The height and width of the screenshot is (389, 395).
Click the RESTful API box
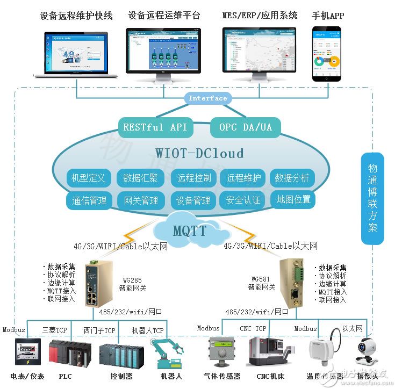point(155,127)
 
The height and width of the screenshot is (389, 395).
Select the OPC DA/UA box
point(245,127)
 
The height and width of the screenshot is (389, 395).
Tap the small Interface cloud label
point(208,98)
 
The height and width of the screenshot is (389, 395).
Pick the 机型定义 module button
point(89,178)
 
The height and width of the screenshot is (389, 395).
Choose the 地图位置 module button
point(293,199)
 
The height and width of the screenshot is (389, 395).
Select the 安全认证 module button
point(243,200)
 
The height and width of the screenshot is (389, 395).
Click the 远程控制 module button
point(193,178)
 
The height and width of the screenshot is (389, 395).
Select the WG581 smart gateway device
point(291,285)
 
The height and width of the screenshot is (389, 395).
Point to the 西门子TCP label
point(99,330)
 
